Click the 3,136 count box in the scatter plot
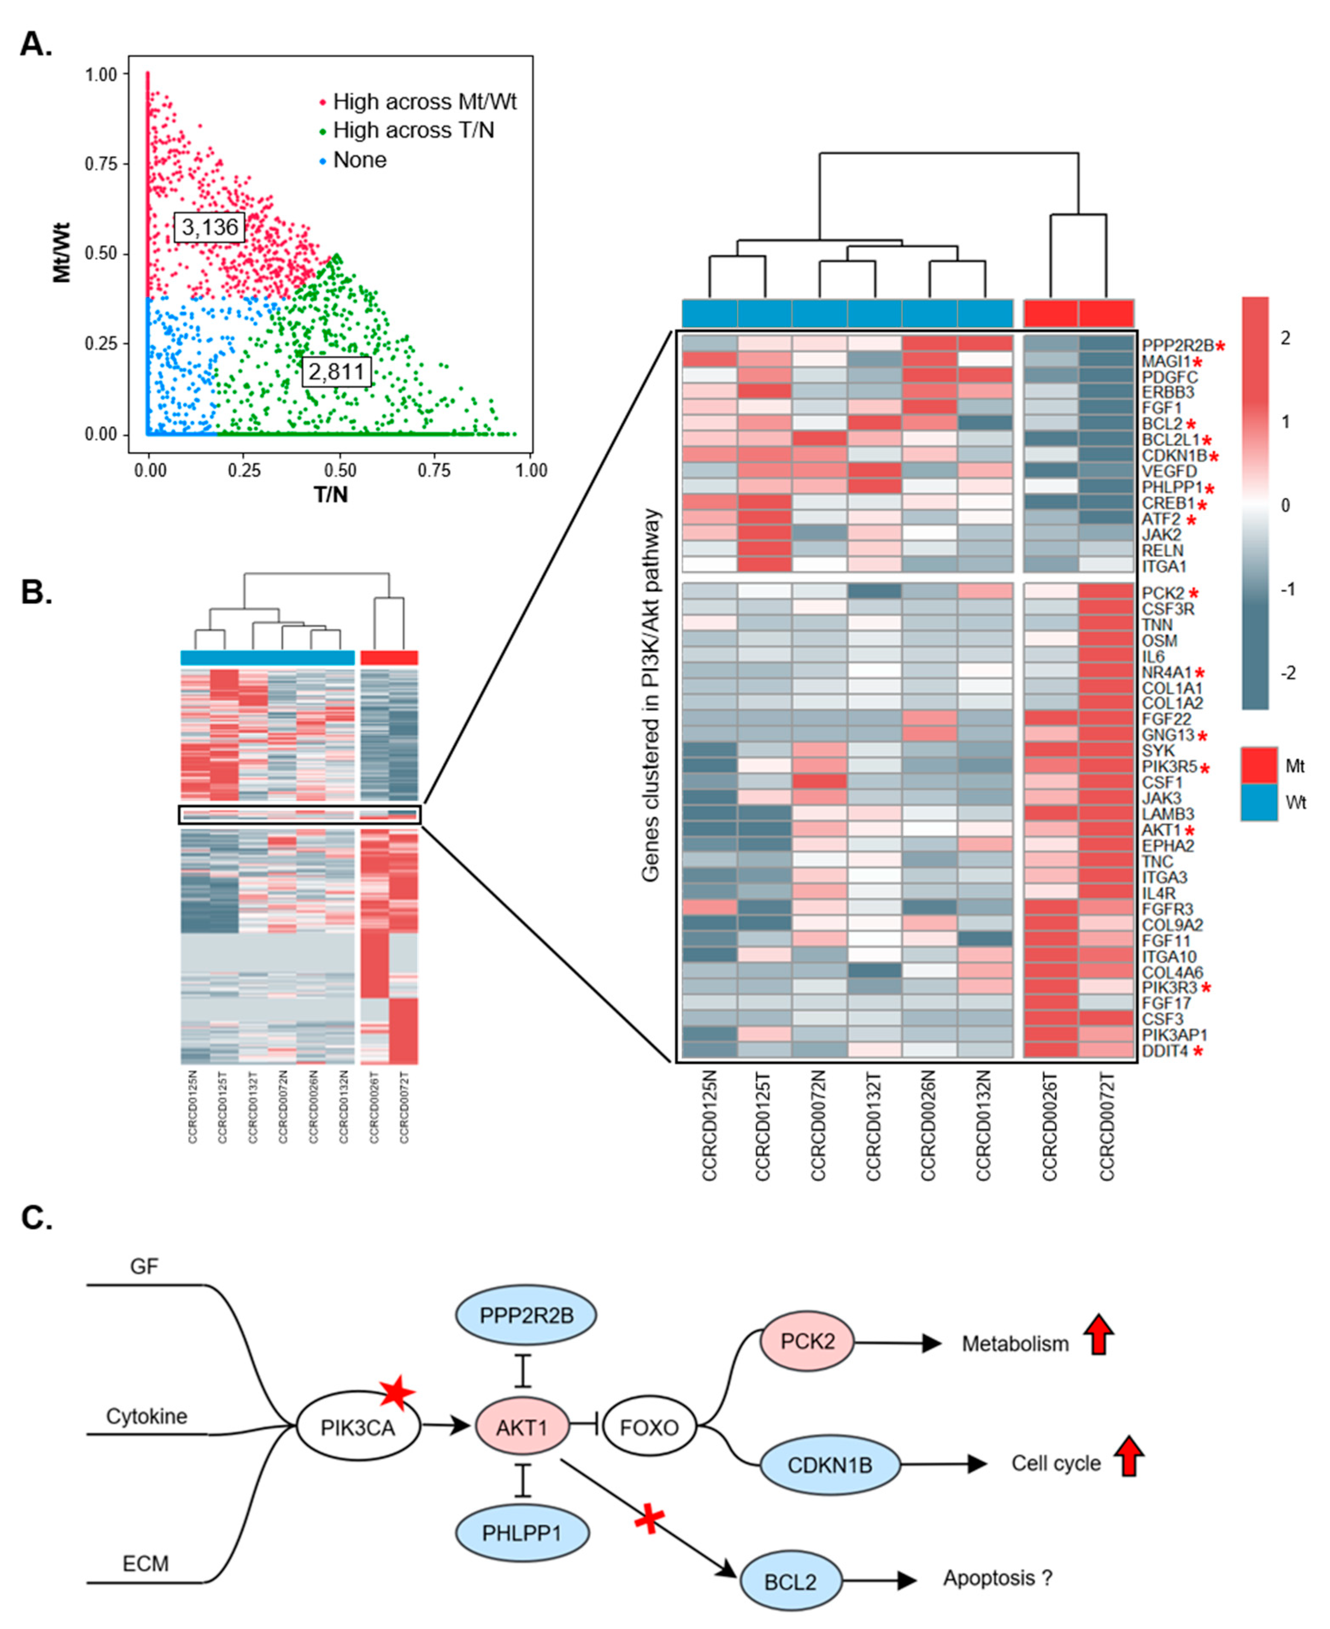tap(209, 227)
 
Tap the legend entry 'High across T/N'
tap(413, 131)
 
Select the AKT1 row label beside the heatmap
tap(1161, 830)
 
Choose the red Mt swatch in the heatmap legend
tap(1259, 765)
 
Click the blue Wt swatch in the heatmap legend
tap(1259, 802)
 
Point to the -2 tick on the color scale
tap(1289, 673)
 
